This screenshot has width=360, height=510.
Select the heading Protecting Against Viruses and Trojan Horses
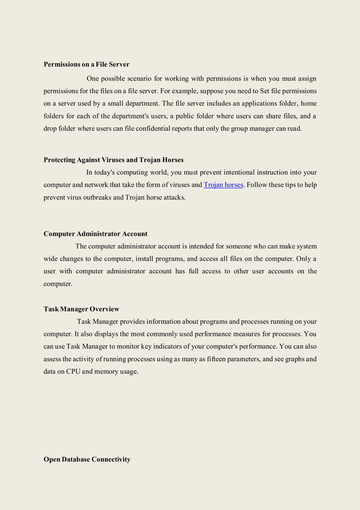pyautogui.click(x=113, y=160)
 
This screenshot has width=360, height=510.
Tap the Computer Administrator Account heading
pyautogui.click(x=95, y=234)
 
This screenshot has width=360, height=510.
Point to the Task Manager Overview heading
pyautogui.click(x=81, y=309)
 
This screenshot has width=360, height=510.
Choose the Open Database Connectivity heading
pyautogui.click(x=87, y=459)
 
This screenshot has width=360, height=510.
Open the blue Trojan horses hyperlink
pyautogui.click(x=223, y=185)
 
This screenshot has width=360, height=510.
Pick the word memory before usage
pyautogui.click(x=110, y=372)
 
